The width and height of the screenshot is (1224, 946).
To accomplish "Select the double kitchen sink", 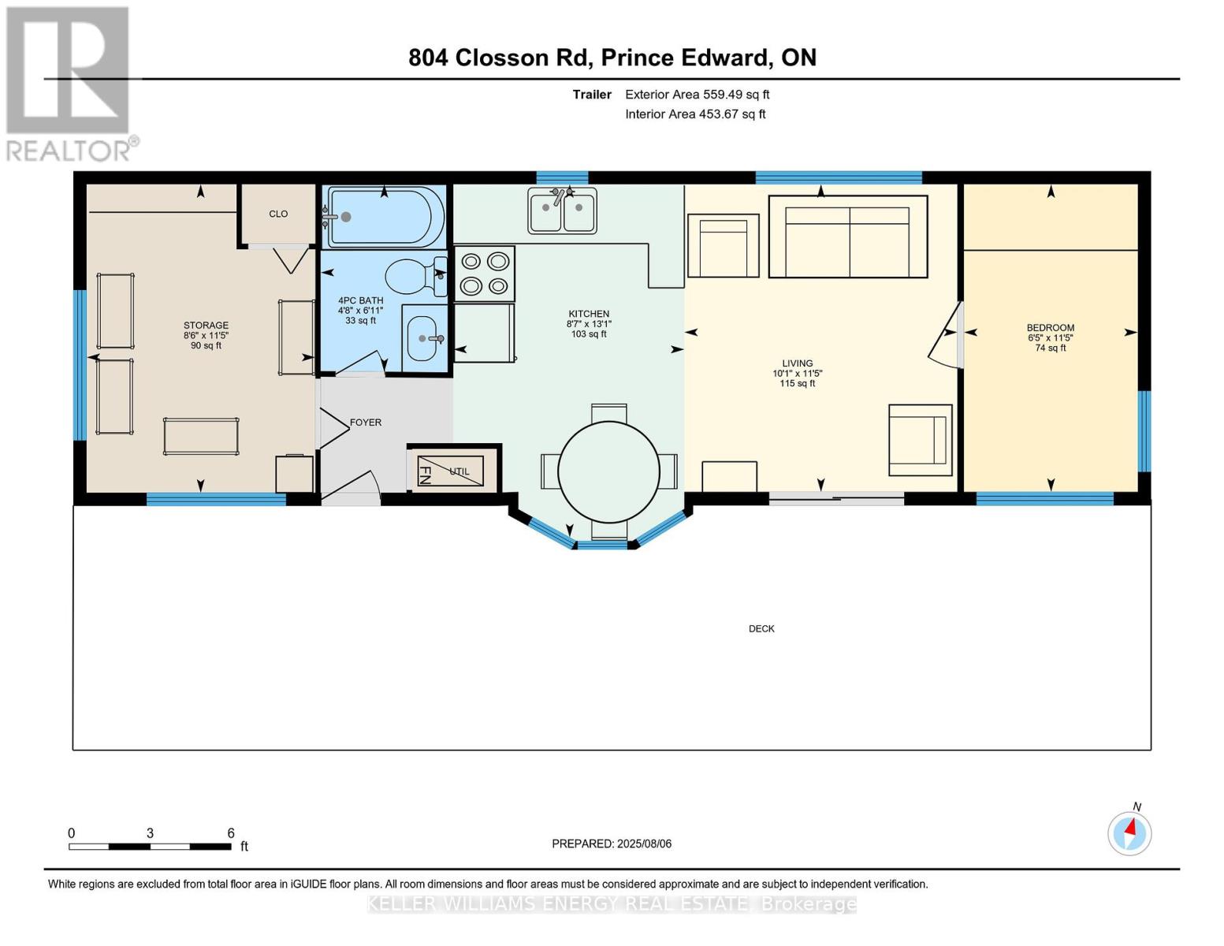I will tap(562, 211).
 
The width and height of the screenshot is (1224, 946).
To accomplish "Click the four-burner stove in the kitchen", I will tap(484, 273).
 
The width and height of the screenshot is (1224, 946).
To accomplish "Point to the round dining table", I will tap(608, 472).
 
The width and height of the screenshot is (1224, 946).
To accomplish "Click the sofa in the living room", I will tap(847, 236).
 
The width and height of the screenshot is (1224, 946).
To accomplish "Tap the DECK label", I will tap(761, 628).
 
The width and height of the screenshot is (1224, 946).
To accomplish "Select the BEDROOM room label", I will tap(1050, 328).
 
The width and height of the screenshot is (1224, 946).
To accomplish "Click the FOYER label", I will tap(366, 423).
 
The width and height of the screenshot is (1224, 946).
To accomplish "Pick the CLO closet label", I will tap(278, 214).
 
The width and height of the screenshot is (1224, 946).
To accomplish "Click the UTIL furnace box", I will tap(452, 471).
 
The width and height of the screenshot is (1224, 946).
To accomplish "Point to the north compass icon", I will tap(1129, 832).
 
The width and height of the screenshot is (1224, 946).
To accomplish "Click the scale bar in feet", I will tap(150, 846).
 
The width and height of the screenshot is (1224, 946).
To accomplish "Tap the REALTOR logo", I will tap(69, 83).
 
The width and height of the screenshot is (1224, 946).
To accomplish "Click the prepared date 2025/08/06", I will tap(612, 844).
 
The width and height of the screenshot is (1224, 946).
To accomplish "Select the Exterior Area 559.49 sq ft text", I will tap(697, 95).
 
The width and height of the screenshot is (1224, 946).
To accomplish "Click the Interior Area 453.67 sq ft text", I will tap(695, 114).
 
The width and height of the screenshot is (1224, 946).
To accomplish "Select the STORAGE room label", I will tap(206, 326).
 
